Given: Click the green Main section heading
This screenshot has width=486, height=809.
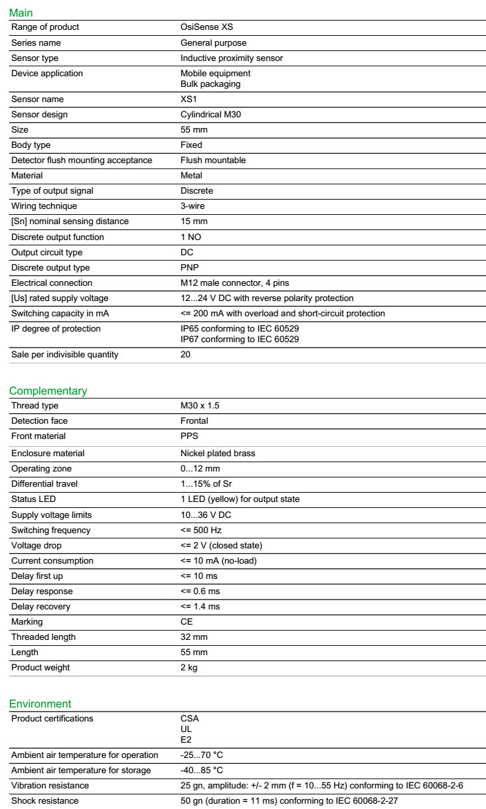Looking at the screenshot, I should click(21, 13).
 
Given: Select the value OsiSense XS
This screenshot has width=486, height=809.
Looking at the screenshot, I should click(206, 27).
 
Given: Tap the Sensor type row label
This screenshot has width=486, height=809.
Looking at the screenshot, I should click(35, 58).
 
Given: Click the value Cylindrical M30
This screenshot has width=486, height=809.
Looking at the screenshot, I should click(212, 115).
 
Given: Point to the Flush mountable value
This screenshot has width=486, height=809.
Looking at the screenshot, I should click(213, 160).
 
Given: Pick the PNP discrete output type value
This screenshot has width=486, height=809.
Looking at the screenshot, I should click(190, 268).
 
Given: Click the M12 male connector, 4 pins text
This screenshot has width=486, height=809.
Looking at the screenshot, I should click(234, 283).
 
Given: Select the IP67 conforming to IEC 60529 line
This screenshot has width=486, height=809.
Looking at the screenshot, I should click(240, 340).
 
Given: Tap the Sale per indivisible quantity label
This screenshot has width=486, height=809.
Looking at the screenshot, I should click(64, 355).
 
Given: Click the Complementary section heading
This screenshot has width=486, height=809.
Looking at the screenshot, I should click(48, 391).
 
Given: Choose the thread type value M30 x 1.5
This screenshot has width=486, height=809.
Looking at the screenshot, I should click(200, 406).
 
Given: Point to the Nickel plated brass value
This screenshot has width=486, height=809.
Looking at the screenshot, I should click(218, 454).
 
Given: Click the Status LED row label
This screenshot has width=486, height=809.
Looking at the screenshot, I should click(33, 499).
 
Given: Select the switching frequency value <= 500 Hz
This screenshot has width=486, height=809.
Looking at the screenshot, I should click(202, 530).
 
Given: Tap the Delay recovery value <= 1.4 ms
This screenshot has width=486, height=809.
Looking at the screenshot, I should click(200, 607).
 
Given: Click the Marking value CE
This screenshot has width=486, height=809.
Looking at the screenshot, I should click(187, 622).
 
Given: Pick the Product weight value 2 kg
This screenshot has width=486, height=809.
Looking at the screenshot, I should click(189, 668).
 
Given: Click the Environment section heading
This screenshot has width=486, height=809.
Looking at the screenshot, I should click(40, 704).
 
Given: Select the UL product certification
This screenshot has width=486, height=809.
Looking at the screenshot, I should click(186, 729).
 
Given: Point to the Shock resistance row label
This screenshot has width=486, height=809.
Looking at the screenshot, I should click(44, 801).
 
